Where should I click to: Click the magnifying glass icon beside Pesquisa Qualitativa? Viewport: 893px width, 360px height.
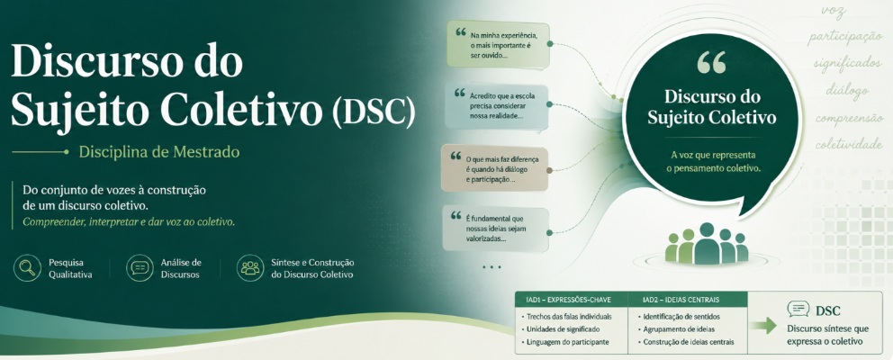coord(27,267)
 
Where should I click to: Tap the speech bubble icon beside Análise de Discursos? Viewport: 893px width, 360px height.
coord(140,267)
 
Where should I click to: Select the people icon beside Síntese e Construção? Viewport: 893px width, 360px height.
coord(250,267)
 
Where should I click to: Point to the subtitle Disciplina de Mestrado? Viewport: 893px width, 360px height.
coord(159,152)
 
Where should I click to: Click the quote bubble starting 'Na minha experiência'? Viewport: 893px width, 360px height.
coord(499,44)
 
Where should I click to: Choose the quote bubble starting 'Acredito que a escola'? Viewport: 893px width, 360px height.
coord(497,106)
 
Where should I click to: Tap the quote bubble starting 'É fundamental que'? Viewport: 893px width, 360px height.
coord(495,229)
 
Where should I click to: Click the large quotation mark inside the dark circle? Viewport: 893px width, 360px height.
coord(711,63)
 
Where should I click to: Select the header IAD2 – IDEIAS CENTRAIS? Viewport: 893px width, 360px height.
coord(681,300)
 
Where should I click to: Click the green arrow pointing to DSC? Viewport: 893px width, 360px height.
coord(762,325)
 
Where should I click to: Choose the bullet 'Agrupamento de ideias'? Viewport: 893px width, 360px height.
coord(675,329)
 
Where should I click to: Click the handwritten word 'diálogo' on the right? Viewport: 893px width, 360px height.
coord(847,91)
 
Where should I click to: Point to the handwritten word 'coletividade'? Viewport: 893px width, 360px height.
coord(848,144)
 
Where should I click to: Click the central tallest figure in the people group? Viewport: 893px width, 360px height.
coord(707,243)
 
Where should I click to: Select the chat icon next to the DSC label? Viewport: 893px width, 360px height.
coord(798,310)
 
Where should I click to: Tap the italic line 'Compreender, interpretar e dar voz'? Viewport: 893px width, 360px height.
coord(129,222)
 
